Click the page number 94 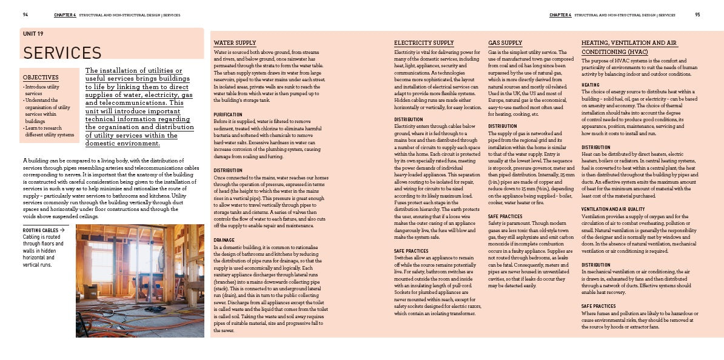coord(25,15)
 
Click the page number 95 coord(698,15)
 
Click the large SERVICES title coord(62,53)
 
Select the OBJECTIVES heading coord(41,78)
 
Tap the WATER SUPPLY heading coord(235,43)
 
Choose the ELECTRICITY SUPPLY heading coord(424,43)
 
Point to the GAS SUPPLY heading coord(505,43)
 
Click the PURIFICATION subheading coord(228,115)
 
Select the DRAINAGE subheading coord(224,240)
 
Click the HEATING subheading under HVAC coord(591,85)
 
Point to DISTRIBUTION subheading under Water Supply coord(228,170)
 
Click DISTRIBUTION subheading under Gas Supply coord(503,126)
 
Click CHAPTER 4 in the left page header coord(65,15)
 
